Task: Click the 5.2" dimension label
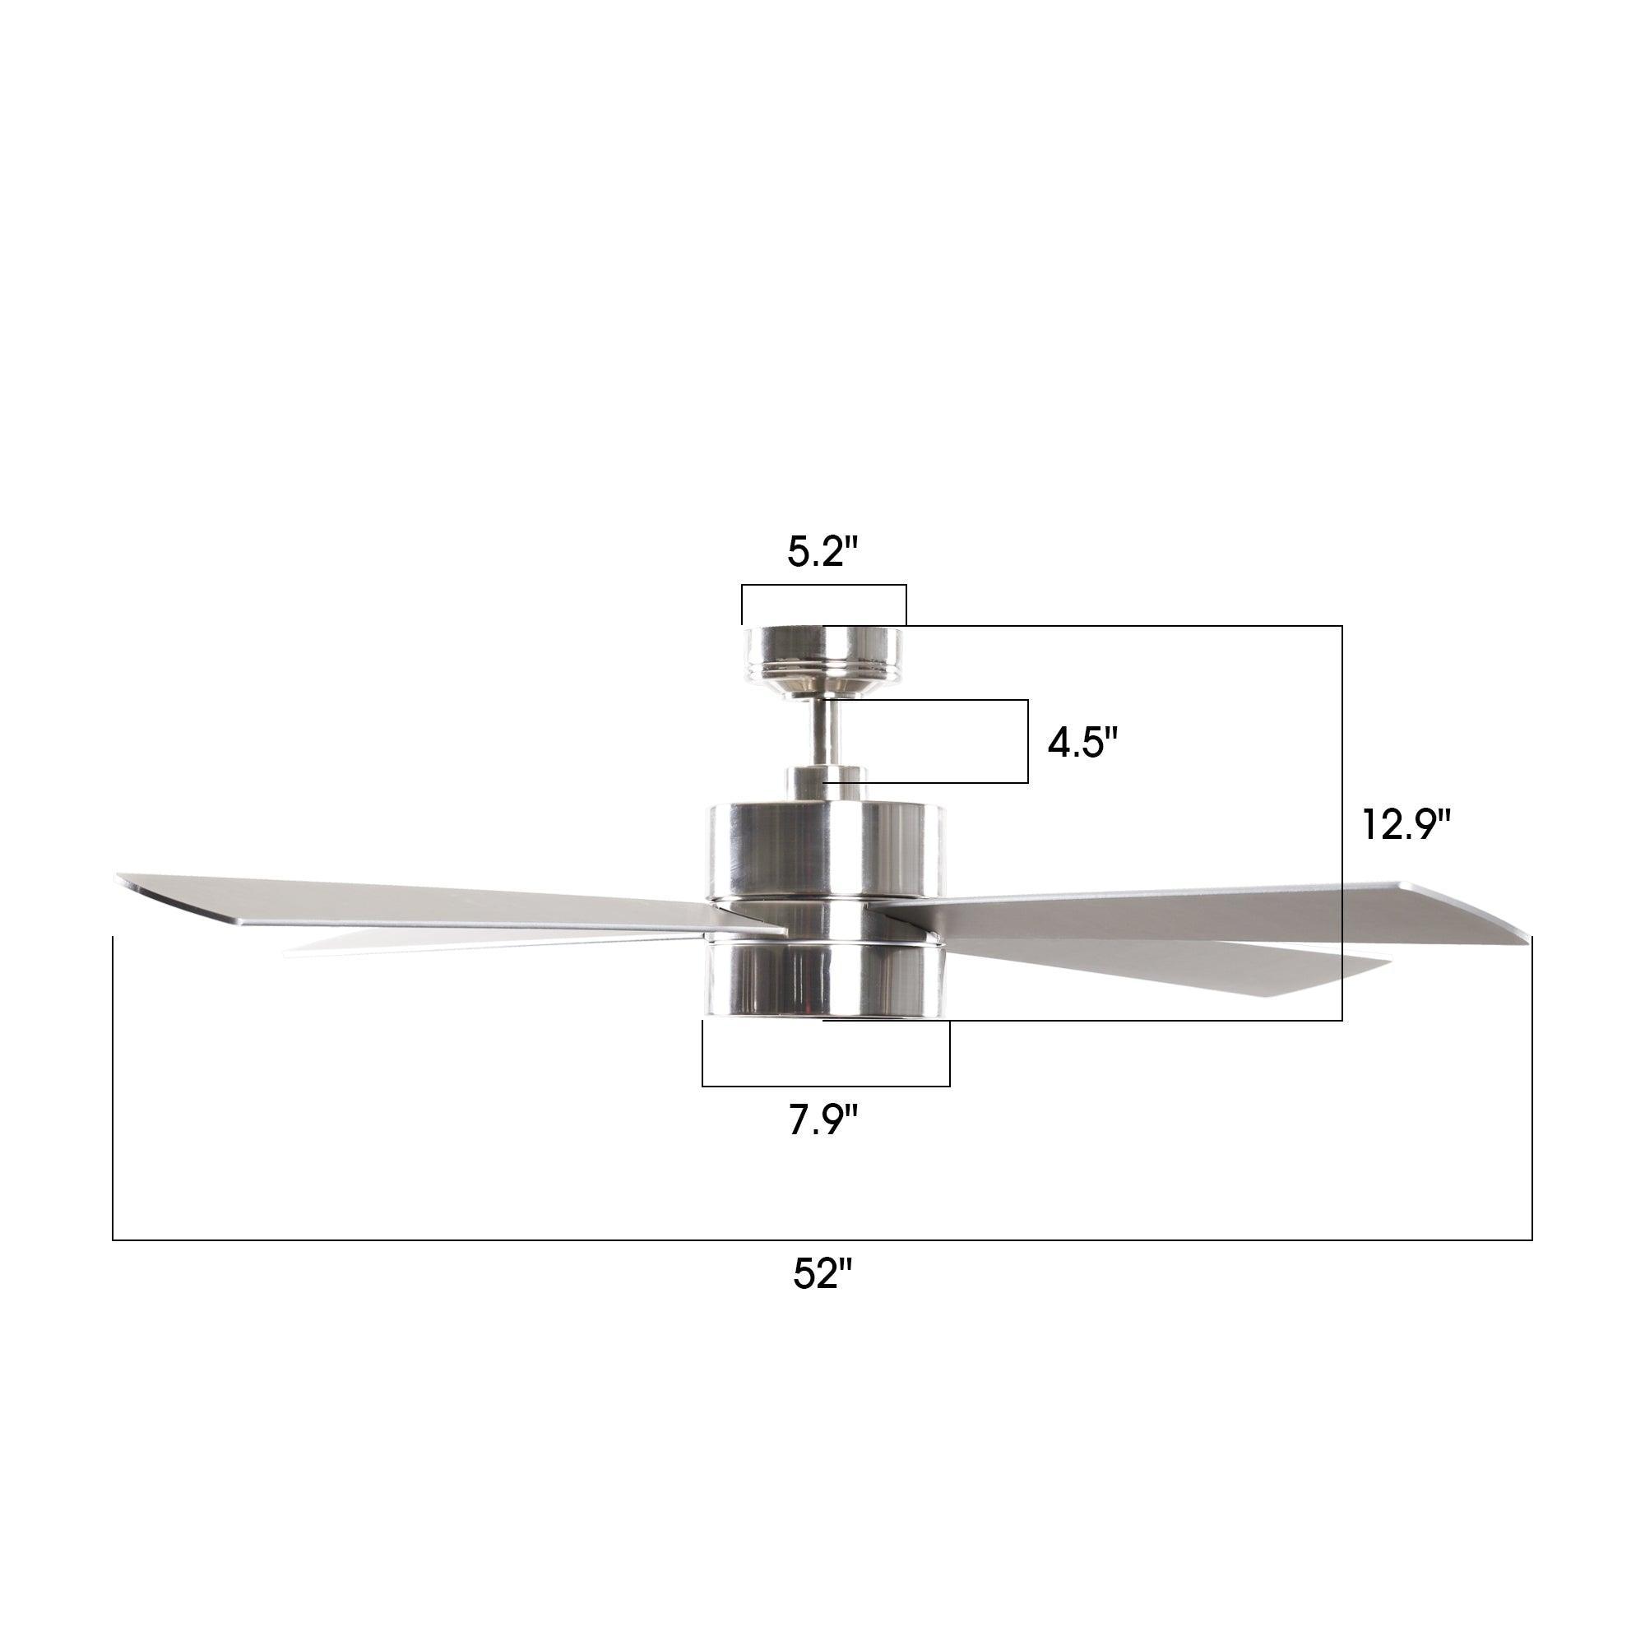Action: pyautogui.click(x=822, y=554)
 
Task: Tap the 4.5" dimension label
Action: pyautogui.click(x=1082, y=744)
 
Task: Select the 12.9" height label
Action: pyautogui.click(x=1406, y=824)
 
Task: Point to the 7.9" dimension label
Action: pyautogui.click(x=822, y=1119)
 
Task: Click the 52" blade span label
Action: pyautogui.click(x=822, y=1297)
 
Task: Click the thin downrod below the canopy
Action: pyautogui.click(x=822, y=732)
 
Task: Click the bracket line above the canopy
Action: pyautogui.click(x=823, y=586)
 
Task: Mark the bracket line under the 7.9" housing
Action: pyautogui.click(x=826, y=1087)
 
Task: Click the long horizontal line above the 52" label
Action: pyautogui.click(x=822, y=1240)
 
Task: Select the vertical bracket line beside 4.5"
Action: pyautogui.click(x=1027, y=742)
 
